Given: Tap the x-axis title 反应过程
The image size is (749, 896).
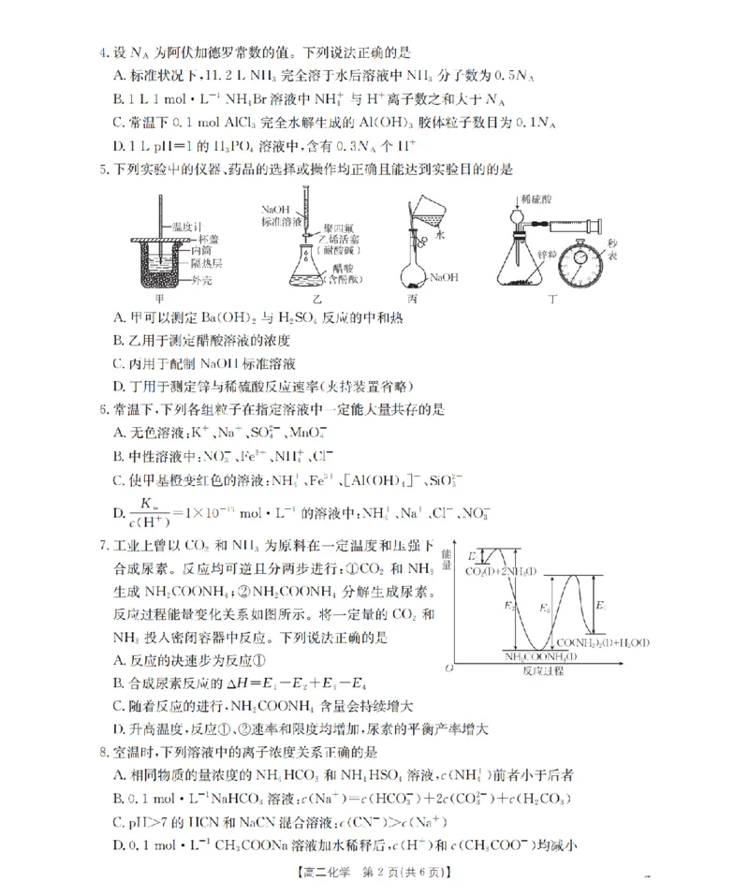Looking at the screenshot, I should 545,670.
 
